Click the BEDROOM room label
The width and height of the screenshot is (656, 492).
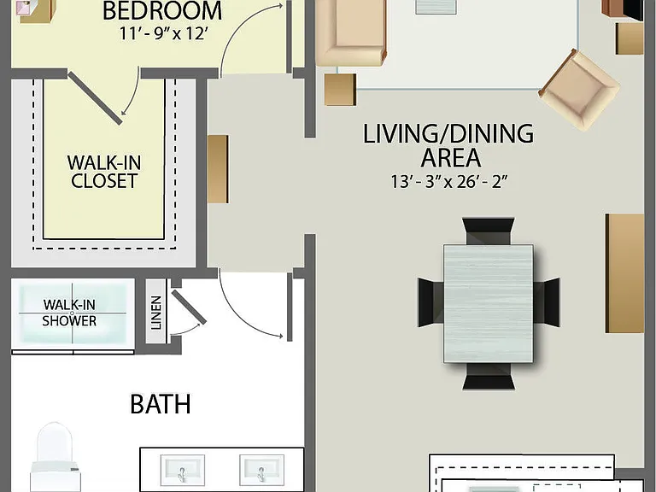click(x=162, y=10)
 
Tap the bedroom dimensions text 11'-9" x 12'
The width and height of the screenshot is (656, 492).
click(x=163, y=33)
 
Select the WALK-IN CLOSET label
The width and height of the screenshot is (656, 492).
click(x=104, y=172)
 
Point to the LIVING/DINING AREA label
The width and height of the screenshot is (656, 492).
click(x=448, y=145)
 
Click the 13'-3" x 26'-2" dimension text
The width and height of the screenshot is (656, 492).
click(x=449, y=182)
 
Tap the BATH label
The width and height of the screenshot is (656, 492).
click(x=161, y=404)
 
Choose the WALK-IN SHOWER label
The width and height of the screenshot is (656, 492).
click(x=69, y=313)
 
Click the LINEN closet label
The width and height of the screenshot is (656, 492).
click(x=156, y=313)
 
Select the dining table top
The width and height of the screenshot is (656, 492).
click(x=489, y=303)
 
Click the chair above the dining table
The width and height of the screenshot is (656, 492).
click(x=489, y=231)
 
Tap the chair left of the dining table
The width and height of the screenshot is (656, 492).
click(x=430, y=302)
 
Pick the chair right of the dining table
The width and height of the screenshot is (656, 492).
click(x=547, y=302)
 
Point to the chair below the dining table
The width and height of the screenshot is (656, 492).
click(x=489, y=376)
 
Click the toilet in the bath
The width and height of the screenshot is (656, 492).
click(x=55, y=457)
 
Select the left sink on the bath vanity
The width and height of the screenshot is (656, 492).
click(x=183, y=471)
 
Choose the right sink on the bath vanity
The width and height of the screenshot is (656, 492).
click(x=261, y=471)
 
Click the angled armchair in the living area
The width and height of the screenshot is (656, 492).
click(x=579, y=90)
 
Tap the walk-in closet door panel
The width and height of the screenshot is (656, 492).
click(x=96, y=98)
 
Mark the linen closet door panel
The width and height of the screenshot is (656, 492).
click(x=189, y=307)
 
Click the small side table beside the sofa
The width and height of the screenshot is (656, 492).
click(x=340, y=90)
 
